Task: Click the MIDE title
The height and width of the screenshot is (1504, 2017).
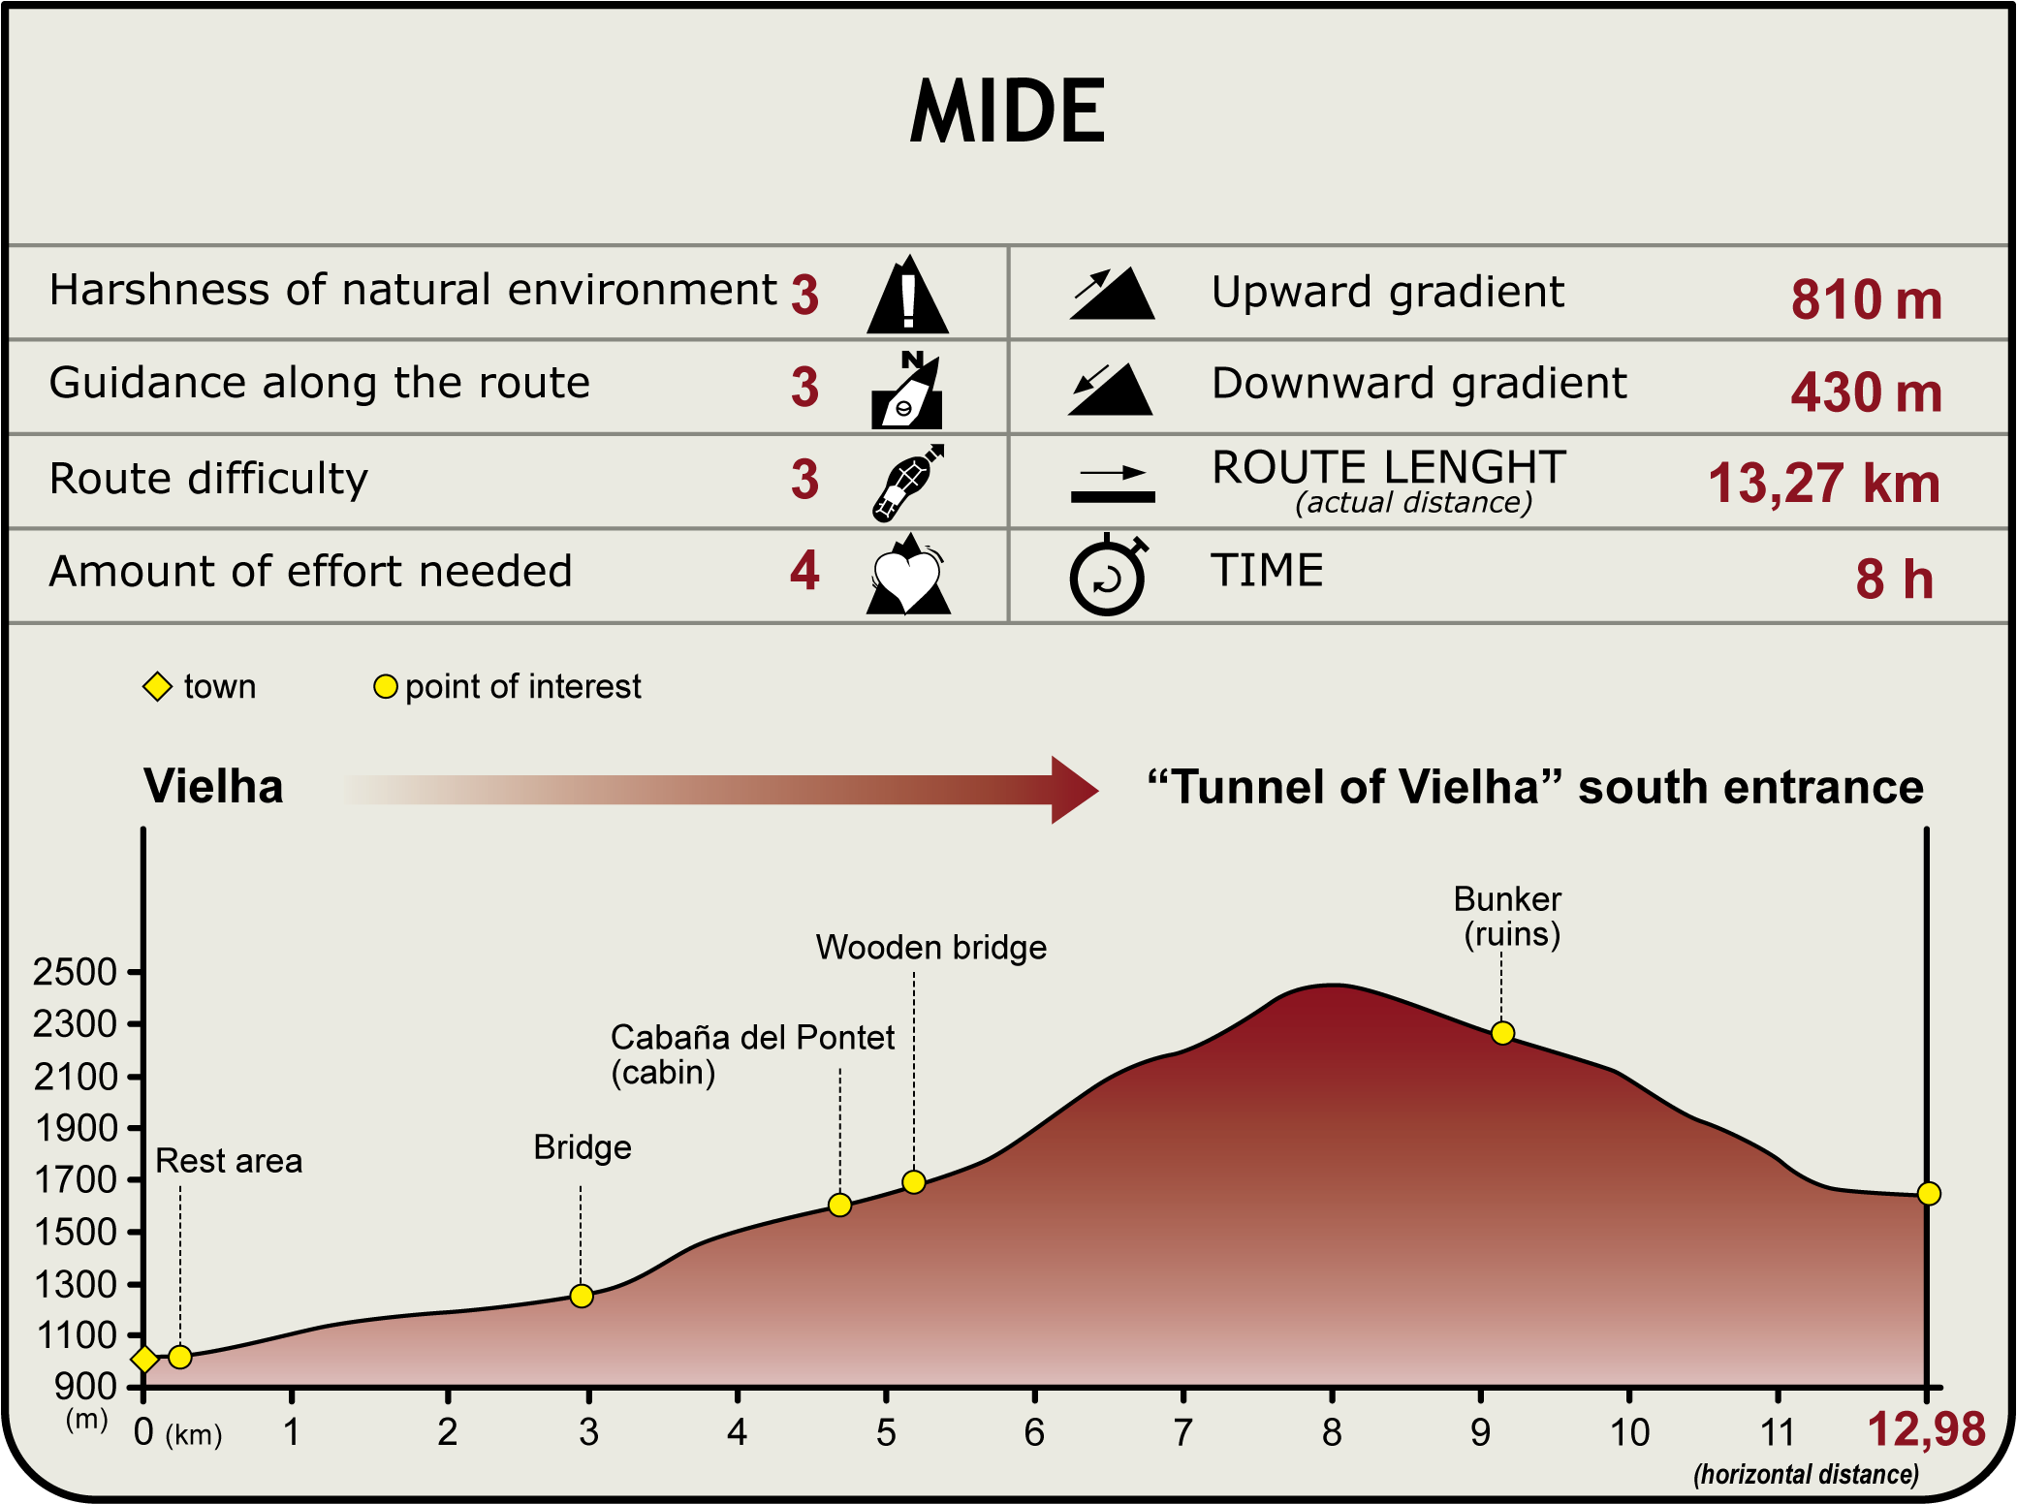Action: coord(1007,111)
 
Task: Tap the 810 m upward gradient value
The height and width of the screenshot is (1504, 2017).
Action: coord(1866,299)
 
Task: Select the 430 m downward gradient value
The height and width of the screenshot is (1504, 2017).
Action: coord(1866,392)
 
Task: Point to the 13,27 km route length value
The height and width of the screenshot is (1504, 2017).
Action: coord(1823,483)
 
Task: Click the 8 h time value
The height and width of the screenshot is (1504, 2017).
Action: coord(1894,580)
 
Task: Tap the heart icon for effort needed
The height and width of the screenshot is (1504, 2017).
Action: coord(907,578)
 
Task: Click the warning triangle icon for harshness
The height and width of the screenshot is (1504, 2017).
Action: coord(907,297)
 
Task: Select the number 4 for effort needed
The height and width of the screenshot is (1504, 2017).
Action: coord(804,571)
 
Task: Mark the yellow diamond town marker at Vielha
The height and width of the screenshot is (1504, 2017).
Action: coord(144,1359)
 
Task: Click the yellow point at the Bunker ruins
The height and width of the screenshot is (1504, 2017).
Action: coord(1502,1033)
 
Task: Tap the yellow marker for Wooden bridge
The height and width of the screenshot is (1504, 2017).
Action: coord(913,1182)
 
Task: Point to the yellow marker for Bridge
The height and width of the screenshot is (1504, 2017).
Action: coord(582,1296)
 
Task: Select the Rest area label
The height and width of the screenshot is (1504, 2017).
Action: coord(229,1160)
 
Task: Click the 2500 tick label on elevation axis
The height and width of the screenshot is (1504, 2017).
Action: coord(75,972)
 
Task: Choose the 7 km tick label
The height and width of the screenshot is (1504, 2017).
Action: coord(1182,1432)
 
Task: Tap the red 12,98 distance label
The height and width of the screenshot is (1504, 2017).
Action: coord(1926,1429)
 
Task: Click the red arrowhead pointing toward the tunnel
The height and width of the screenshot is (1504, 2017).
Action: coord(1072,790)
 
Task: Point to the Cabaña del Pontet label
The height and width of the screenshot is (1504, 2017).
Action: coord(752,1038)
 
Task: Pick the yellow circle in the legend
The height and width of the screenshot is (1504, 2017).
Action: coord(386,687)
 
